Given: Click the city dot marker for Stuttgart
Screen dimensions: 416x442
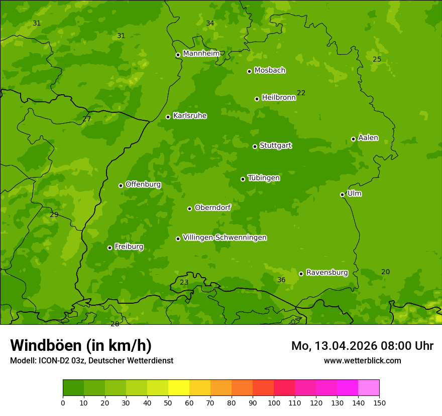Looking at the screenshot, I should tap(255, 146).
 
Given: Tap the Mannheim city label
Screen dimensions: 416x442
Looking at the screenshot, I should tap(201, 53).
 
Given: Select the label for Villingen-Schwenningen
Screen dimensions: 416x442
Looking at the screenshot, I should tap(225, 238).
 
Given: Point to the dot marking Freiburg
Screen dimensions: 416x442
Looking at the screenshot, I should tap(109, 248).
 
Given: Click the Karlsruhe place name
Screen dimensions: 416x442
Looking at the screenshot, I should tap(189, 116).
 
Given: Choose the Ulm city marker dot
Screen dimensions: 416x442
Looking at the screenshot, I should tap(342, 194).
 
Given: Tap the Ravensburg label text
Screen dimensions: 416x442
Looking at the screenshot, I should tap(326, 273).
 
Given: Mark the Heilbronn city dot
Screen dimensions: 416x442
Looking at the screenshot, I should tap(257, 99).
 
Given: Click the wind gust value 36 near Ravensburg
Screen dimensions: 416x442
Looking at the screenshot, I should tap(281, 280).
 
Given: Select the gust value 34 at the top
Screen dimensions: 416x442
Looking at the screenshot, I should tap(210, 23).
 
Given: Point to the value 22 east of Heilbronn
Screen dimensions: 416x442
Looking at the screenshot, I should tap(301, 93).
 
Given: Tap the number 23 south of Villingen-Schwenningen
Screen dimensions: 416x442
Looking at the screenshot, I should tap(184, 282).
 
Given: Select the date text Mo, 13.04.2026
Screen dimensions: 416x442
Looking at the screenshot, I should tap(339, 346).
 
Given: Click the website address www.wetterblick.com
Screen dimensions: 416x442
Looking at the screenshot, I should tap(362, 360).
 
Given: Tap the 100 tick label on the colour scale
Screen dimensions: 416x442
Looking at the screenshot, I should tap(274, 402).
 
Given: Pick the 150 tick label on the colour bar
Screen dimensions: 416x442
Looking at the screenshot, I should tap(379, 402).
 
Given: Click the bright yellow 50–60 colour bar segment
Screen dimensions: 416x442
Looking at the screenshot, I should tap(179, 388).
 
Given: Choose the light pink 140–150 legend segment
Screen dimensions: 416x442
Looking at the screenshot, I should tap(369, 388).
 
